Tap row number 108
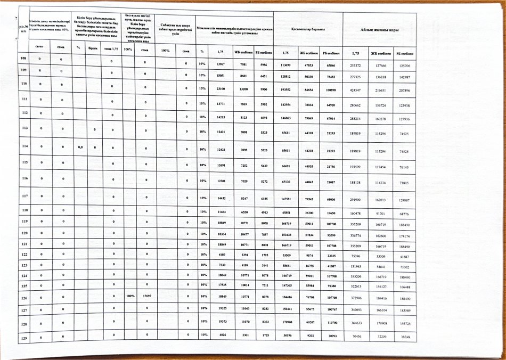pyautogui.click(x=23, y=58)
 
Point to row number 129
pyautogui.click(x=23, y=338)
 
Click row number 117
pyautogui.click(x=23, y=197)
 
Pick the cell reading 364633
pyautogui.click(x=353, y=322)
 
